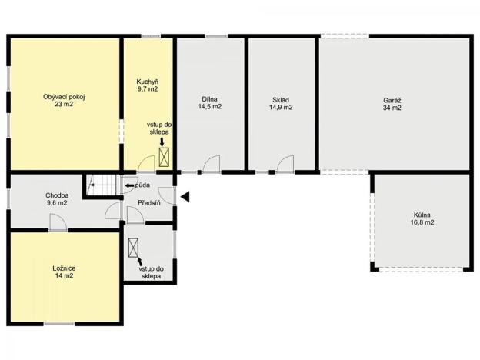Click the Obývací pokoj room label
(x=63, y=97)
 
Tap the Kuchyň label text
(x=147, y=82)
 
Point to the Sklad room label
(x=280, y=99)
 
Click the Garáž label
(x=393, y=99)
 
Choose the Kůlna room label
(x=422, y=215)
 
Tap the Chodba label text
(x=57, y=195)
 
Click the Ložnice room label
(x=64, y=268)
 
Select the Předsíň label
(x=148, y=202)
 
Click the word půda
(x=142, y=185)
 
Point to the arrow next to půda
(x=128, y=185)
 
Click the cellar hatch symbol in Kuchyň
(x=164, y=158)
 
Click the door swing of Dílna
(x=212, y=165)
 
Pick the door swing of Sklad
(x=285, y=165)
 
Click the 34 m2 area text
(x=393, y=108)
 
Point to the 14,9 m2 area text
(x=280, y=108)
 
